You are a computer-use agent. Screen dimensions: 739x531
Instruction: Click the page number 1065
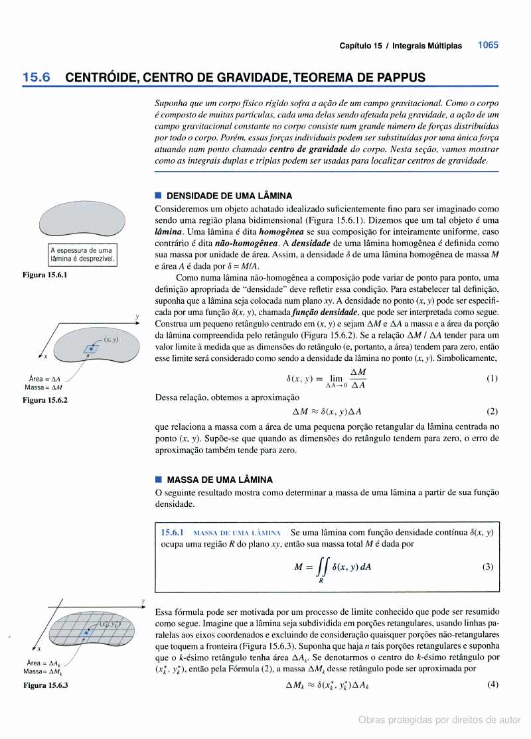click(x=488, y=45)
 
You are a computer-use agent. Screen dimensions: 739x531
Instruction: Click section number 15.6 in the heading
click(x=37, y=78)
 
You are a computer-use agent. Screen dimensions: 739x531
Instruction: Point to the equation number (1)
click(x=492, y=379)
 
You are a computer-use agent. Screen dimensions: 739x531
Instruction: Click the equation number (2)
click(x=492, y=411)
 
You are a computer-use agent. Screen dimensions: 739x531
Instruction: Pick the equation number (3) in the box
click(x=488, y=567)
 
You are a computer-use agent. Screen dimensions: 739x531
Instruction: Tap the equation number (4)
click(x=492, y=684)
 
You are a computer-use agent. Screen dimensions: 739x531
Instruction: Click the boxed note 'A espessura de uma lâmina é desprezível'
click(x=82, y=254)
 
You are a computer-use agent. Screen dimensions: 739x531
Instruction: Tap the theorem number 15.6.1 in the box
click(x=173, y=532)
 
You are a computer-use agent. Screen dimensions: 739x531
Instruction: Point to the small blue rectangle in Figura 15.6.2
click(x=89, y=349)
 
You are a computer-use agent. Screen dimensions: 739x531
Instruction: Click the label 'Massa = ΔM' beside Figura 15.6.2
click(x=43, y=387)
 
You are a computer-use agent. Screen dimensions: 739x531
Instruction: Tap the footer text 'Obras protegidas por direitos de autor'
click(x=439, y=720)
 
